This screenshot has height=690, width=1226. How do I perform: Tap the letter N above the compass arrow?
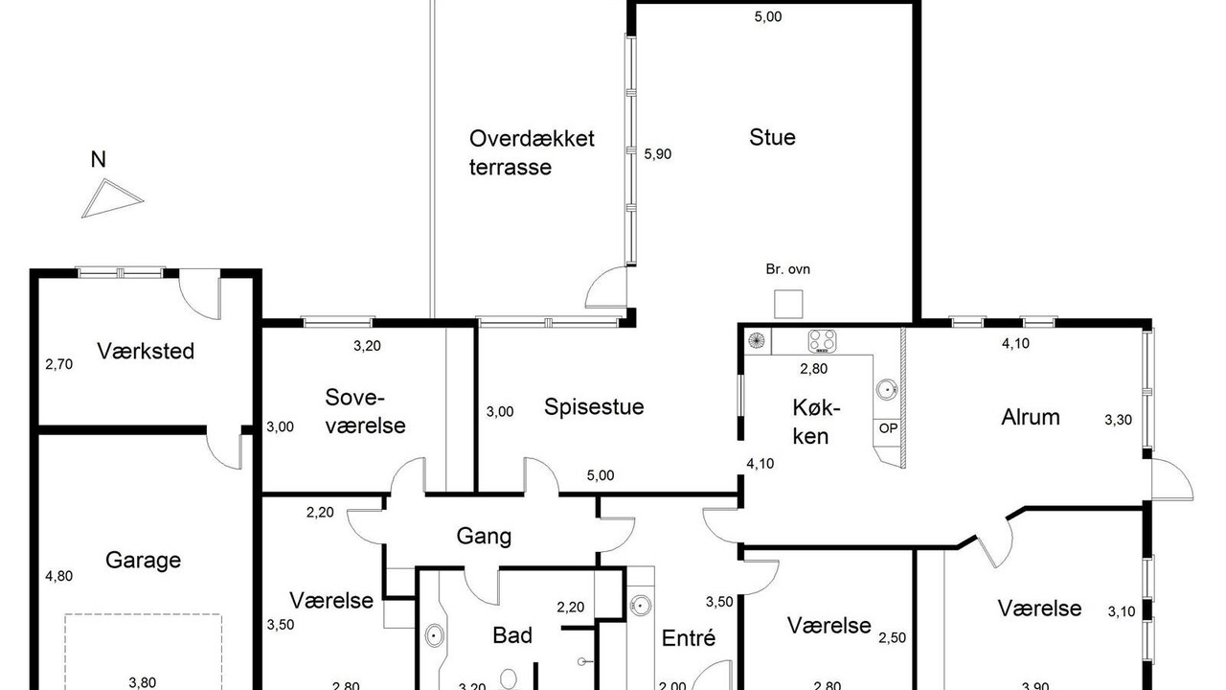(98, 159)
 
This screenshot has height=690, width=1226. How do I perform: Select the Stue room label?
(772, 137)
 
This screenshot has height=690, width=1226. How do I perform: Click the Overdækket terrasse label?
(532, 152)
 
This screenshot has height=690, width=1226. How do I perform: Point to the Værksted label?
(146, 351)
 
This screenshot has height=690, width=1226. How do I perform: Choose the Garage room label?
(143, 561)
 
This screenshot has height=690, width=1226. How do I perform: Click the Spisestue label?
(594, 407)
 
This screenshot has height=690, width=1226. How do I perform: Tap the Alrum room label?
(1031, 417)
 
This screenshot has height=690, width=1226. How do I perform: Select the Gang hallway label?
(484, 536)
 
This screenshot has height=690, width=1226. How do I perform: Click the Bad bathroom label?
(512, 635)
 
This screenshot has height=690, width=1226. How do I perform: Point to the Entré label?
(689, 638)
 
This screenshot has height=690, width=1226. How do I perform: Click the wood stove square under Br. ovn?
(788, 304)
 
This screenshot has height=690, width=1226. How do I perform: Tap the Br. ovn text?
(787, 269)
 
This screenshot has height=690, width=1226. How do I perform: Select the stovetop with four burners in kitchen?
(822, 341)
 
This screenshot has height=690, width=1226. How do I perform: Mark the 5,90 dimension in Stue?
(657, 154)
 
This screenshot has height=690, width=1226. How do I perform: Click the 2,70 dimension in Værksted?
(59, 364)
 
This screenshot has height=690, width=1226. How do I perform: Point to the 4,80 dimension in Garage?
(59, 576)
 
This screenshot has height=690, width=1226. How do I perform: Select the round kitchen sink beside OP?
(887, 389)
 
